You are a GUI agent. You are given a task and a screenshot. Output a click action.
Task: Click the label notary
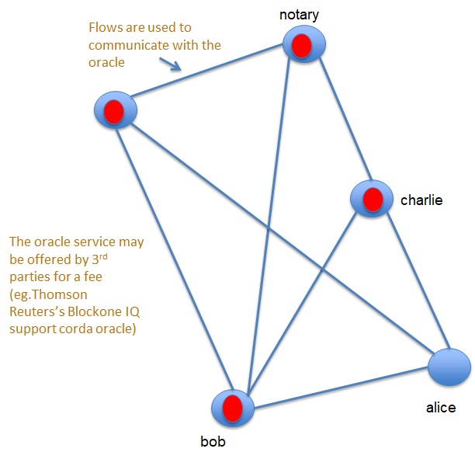(x=300, y=14)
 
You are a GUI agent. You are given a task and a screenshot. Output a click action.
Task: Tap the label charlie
(x=421, y=200)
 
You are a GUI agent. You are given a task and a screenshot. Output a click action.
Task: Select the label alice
(x=441, y=407)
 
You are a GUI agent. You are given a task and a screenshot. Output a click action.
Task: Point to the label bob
(x=213, y=443)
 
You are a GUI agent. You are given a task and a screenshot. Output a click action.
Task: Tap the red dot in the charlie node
(x=373, y=199)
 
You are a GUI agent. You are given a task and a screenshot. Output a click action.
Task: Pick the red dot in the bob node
(x=231, y=408)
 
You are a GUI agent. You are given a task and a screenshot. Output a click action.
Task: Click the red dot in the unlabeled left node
(x=114, y=112)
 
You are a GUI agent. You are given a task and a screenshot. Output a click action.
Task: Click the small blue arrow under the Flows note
(x=172, y=65)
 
